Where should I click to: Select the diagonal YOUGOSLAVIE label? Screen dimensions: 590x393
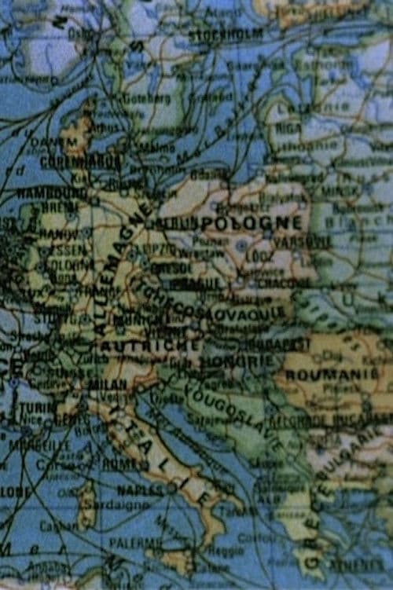232,415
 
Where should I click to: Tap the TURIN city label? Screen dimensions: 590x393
38,409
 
